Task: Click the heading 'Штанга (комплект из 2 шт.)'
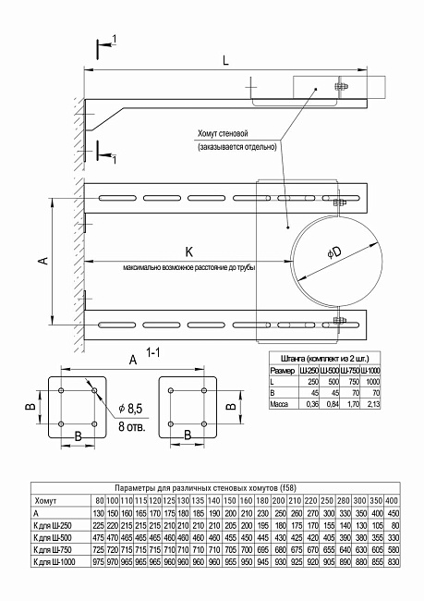[x=317, y=358]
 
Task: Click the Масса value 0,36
[x=311, y=404]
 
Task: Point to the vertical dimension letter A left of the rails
[x=42, y=262]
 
